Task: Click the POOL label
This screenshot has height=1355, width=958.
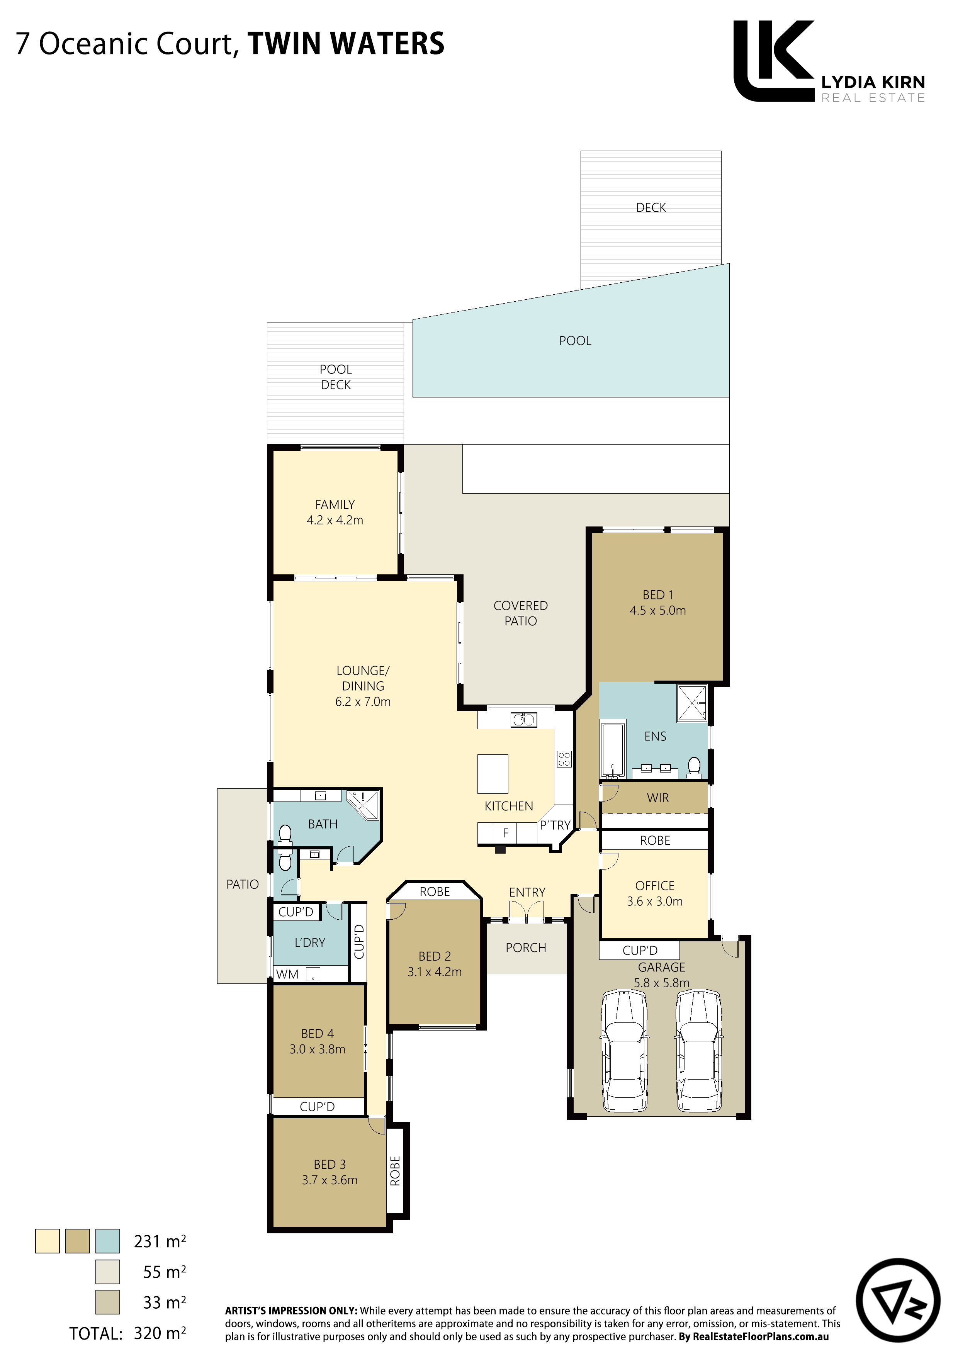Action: click(x=575, y=341)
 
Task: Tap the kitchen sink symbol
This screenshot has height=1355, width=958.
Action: click(x=523, y=719)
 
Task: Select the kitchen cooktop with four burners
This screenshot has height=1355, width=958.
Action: click(x=564, y=759)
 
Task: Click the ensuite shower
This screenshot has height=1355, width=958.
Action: click(x=692, y=703)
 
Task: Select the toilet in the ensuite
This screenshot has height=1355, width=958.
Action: click(x=695, y=768)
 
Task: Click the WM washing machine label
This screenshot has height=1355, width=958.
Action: click(x=287, y=975)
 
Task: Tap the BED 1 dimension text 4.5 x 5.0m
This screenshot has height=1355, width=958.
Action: click(x=657, y=610)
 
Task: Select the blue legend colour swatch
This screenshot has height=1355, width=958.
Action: click(x=107, y=1241)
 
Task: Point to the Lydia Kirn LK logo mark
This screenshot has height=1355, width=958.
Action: click(x=773, y=61)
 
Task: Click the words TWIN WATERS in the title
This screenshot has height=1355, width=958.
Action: click(x=346, y=44)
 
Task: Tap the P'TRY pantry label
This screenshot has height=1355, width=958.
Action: click(x=555, y=825)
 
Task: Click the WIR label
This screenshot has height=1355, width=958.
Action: click(x=657, y=798)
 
